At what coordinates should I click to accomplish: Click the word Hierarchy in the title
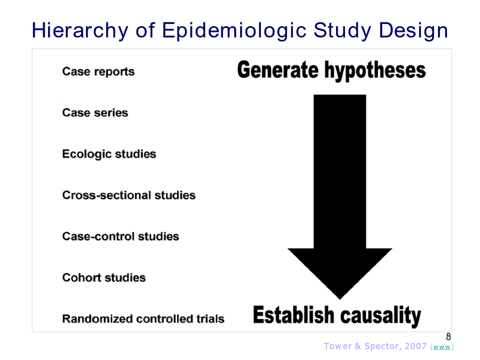coord(80,30)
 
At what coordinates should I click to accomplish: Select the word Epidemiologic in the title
coord(234,30)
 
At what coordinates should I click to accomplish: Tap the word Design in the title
coord(413,30)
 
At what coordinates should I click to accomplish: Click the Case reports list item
coord(98,71)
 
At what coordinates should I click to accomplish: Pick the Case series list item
coord(95,113)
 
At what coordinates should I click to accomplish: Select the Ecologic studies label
coord(109,154)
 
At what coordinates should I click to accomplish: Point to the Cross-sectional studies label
coord(129,195)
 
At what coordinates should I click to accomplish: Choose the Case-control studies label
coord(121,236)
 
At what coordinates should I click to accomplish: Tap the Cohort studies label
coord(104,277)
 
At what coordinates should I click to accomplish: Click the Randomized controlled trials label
coord(143,319)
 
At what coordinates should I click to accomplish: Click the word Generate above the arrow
coord(278,70)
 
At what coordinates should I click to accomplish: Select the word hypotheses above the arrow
coord(375,71)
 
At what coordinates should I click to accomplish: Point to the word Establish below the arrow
coord(293,315)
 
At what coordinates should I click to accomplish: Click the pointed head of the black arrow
coord(340,299)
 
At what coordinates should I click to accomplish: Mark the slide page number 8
coord(449,337)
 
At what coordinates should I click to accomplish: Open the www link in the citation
coord(442,347)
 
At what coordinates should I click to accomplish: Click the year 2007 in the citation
coord(415,346)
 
